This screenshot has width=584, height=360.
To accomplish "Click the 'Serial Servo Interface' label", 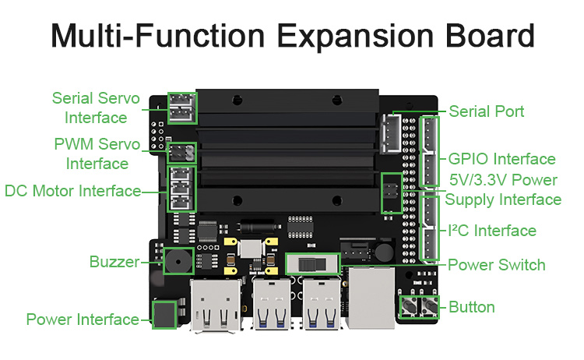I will tap(96, 108).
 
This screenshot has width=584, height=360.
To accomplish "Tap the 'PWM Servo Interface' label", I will tap(97, 154).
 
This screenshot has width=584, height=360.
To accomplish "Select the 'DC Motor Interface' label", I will tap(72, 191).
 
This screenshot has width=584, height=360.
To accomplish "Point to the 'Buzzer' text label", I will tap(113, 262).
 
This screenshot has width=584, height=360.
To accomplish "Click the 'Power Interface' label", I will tap(83, 319).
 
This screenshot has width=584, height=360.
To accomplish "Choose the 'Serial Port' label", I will tap(487, 111).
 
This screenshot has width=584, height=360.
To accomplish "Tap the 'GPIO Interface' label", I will tap(502, 159).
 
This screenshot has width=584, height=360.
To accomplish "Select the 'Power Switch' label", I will tap(497, 265).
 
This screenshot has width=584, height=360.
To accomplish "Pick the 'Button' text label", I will tap(471, 307).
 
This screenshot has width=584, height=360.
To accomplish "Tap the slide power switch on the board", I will tap(311, 263).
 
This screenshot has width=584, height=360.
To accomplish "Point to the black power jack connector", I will tap(164, 315).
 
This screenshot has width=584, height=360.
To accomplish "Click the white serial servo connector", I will tap(182, 108).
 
